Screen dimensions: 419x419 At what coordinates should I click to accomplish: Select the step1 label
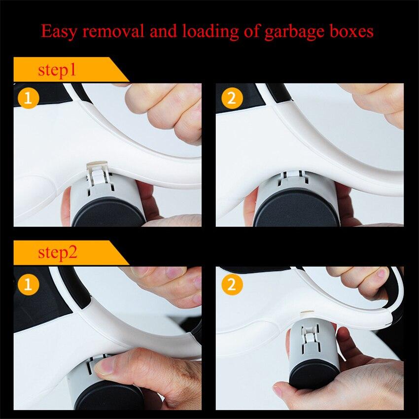pos(57,70)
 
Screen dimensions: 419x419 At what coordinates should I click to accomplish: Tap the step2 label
pos(58,254)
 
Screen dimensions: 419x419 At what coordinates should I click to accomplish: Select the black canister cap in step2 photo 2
pos(314,374)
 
